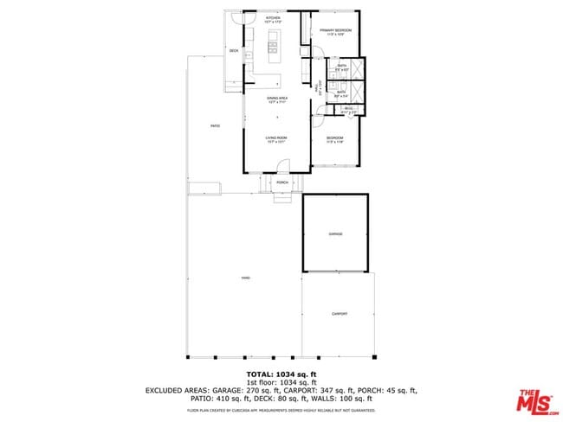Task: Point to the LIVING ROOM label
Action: coord(276,139)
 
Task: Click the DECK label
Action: coord(234,52)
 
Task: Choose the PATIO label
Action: coord(215,126)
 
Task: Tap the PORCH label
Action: coord(282,183)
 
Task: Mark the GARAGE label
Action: coord(335,234)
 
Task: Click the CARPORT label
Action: coord(339,314)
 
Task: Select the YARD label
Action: coord(245,278)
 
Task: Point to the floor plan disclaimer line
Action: coord(281,410)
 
